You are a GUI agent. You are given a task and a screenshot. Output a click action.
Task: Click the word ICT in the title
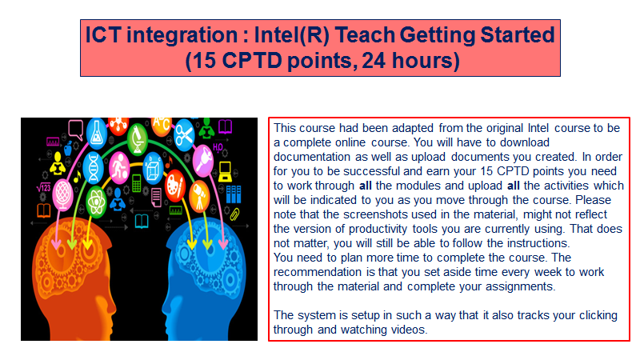[x=106, y=35]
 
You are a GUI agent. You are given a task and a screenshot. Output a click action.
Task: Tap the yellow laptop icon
[x=225, y=170]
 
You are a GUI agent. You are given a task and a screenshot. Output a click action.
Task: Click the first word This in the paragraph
[x=285, y=128]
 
